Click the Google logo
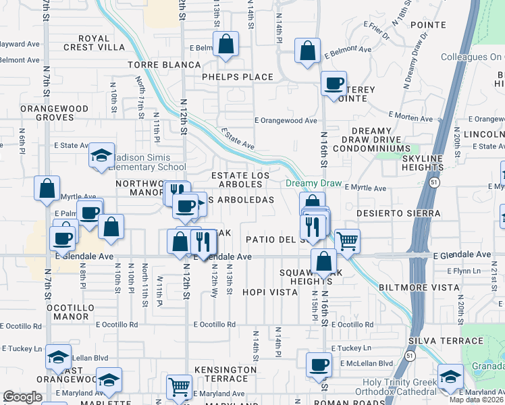[22, 397]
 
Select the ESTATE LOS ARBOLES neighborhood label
[240, 180]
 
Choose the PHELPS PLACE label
[238, 77]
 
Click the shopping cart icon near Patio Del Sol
[347, 240]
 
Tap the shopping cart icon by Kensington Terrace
[178, 387]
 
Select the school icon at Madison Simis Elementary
[101, 156]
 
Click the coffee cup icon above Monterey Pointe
[334, 83]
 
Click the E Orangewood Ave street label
[286, 121]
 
